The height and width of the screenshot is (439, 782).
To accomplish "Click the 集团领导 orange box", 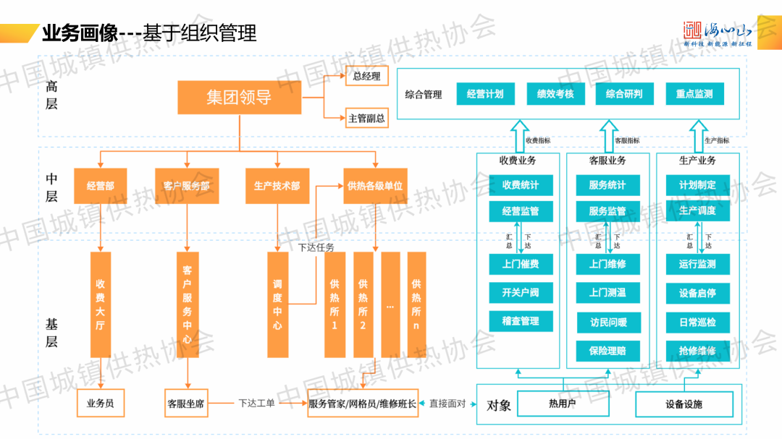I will [x=239, y=97].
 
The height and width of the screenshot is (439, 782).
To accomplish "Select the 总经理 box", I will [x=366, y=75].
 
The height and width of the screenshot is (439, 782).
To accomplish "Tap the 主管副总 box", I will [x=366, y=117].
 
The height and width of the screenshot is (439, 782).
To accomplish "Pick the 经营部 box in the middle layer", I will [x=101, y=186].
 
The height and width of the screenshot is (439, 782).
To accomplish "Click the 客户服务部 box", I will [x=187, y=186].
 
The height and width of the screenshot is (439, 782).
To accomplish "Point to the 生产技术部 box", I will [x=277, y=186].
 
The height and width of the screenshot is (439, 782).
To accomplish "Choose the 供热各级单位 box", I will [x=375, y=186].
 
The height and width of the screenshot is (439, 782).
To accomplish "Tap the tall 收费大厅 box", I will [x=101, y=304].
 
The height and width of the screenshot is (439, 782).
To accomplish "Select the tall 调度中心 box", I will [x=277, y=304].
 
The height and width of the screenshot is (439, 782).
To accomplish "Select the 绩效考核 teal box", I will [x=555, y=94].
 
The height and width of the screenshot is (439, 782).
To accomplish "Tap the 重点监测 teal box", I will [x=694, y=94].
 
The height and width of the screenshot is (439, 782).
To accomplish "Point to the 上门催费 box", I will [x=521, y=264].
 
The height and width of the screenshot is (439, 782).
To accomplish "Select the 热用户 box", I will [x=562, y=404].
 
